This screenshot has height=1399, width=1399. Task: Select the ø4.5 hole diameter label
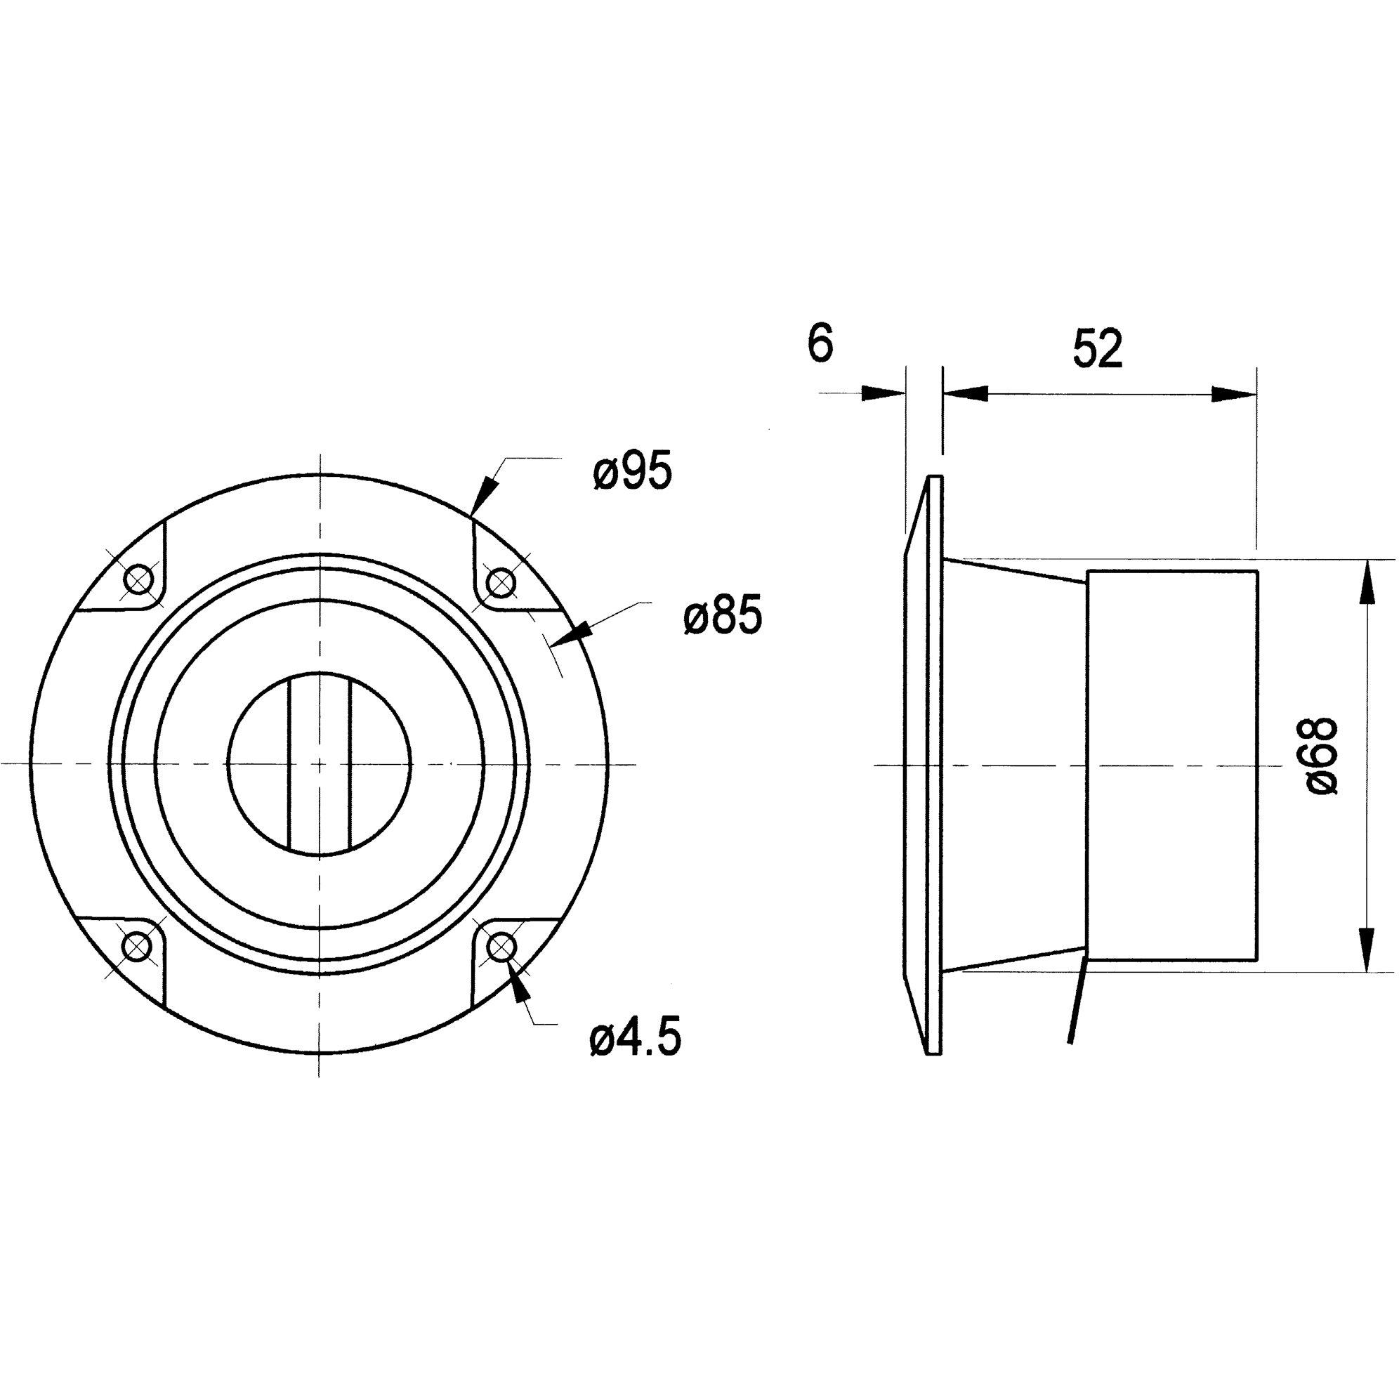(635, 1041)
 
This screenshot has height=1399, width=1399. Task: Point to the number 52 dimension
(1098, 350)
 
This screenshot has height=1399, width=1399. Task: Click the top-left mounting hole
(138, 579)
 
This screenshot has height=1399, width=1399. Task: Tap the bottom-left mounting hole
(138, 946)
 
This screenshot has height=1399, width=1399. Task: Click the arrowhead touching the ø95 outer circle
(485, 495)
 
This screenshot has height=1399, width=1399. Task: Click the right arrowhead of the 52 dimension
(1234, 394)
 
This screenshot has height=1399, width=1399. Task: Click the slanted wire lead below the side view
(1077, 1001)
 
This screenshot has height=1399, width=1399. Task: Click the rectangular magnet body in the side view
(1171, 766)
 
